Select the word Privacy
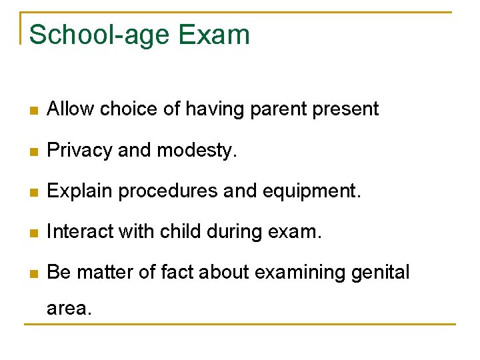(79, 151)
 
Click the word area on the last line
(67, 309)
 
